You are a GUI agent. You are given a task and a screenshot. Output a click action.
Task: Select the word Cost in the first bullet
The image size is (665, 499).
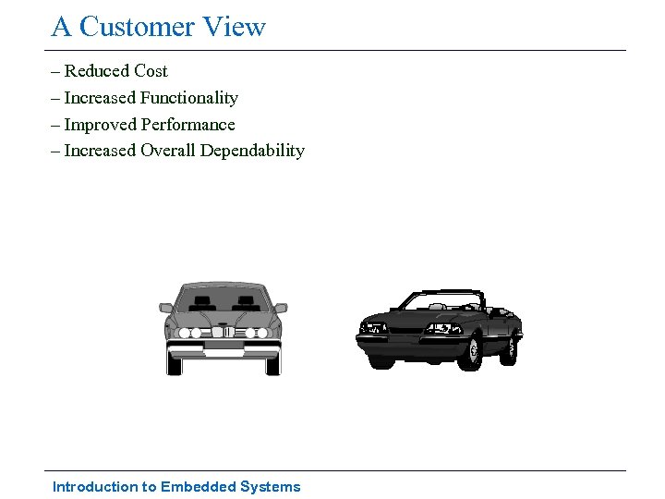(151, 71)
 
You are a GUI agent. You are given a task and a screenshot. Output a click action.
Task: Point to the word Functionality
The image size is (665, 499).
(189, 98)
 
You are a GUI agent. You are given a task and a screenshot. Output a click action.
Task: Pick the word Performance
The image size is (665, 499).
(187, 125)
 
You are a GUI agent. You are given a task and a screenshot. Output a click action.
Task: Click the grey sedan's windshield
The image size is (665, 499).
(223, 300)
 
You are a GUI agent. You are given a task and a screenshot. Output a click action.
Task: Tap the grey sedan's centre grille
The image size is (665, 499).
(223, 332)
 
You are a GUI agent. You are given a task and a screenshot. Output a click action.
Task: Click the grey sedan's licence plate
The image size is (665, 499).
(223, 352)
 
